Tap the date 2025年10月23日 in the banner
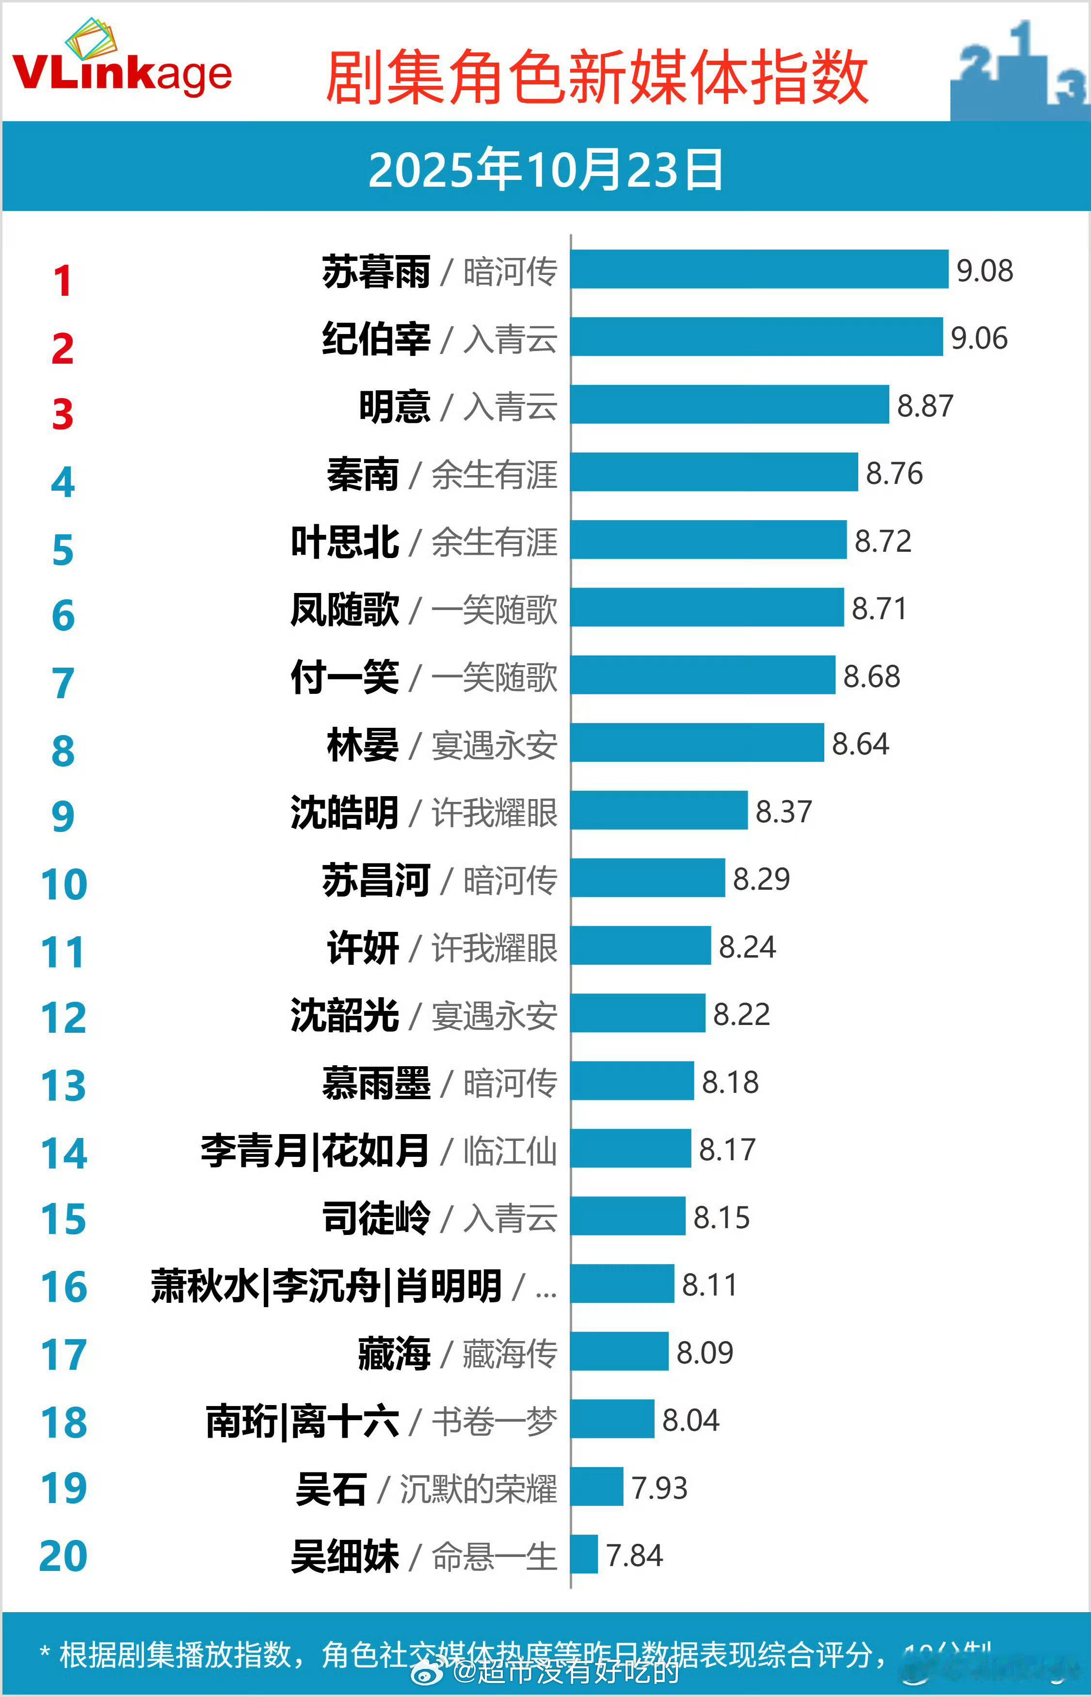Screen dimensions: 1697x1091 pos(545,170)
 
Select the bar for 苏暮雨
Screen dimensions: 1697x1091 pos(759,269)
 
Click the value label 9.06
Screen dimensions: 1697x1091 pos(979,338)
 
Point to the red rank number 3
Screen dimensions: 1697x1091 pos(63,415)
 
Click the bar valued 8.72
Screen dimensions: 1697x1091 pos(708,540)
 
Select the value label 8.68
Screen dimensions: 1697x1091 pos(871,676)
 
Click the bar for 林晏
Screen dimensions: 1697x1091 pos(697,742)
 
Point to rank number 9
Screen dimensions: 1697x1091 pos(63,816)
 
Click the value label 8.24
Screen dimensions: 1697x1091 pos(747,947)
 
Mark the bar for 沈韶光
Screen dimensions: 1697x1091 pos(638,1013)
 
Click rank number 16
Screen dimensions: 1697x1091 pos(64,1287)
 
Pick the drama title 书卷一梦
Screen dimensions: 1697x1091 pos(495,1421)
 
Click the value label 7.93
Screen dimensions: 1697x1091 pos(659,1488)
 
